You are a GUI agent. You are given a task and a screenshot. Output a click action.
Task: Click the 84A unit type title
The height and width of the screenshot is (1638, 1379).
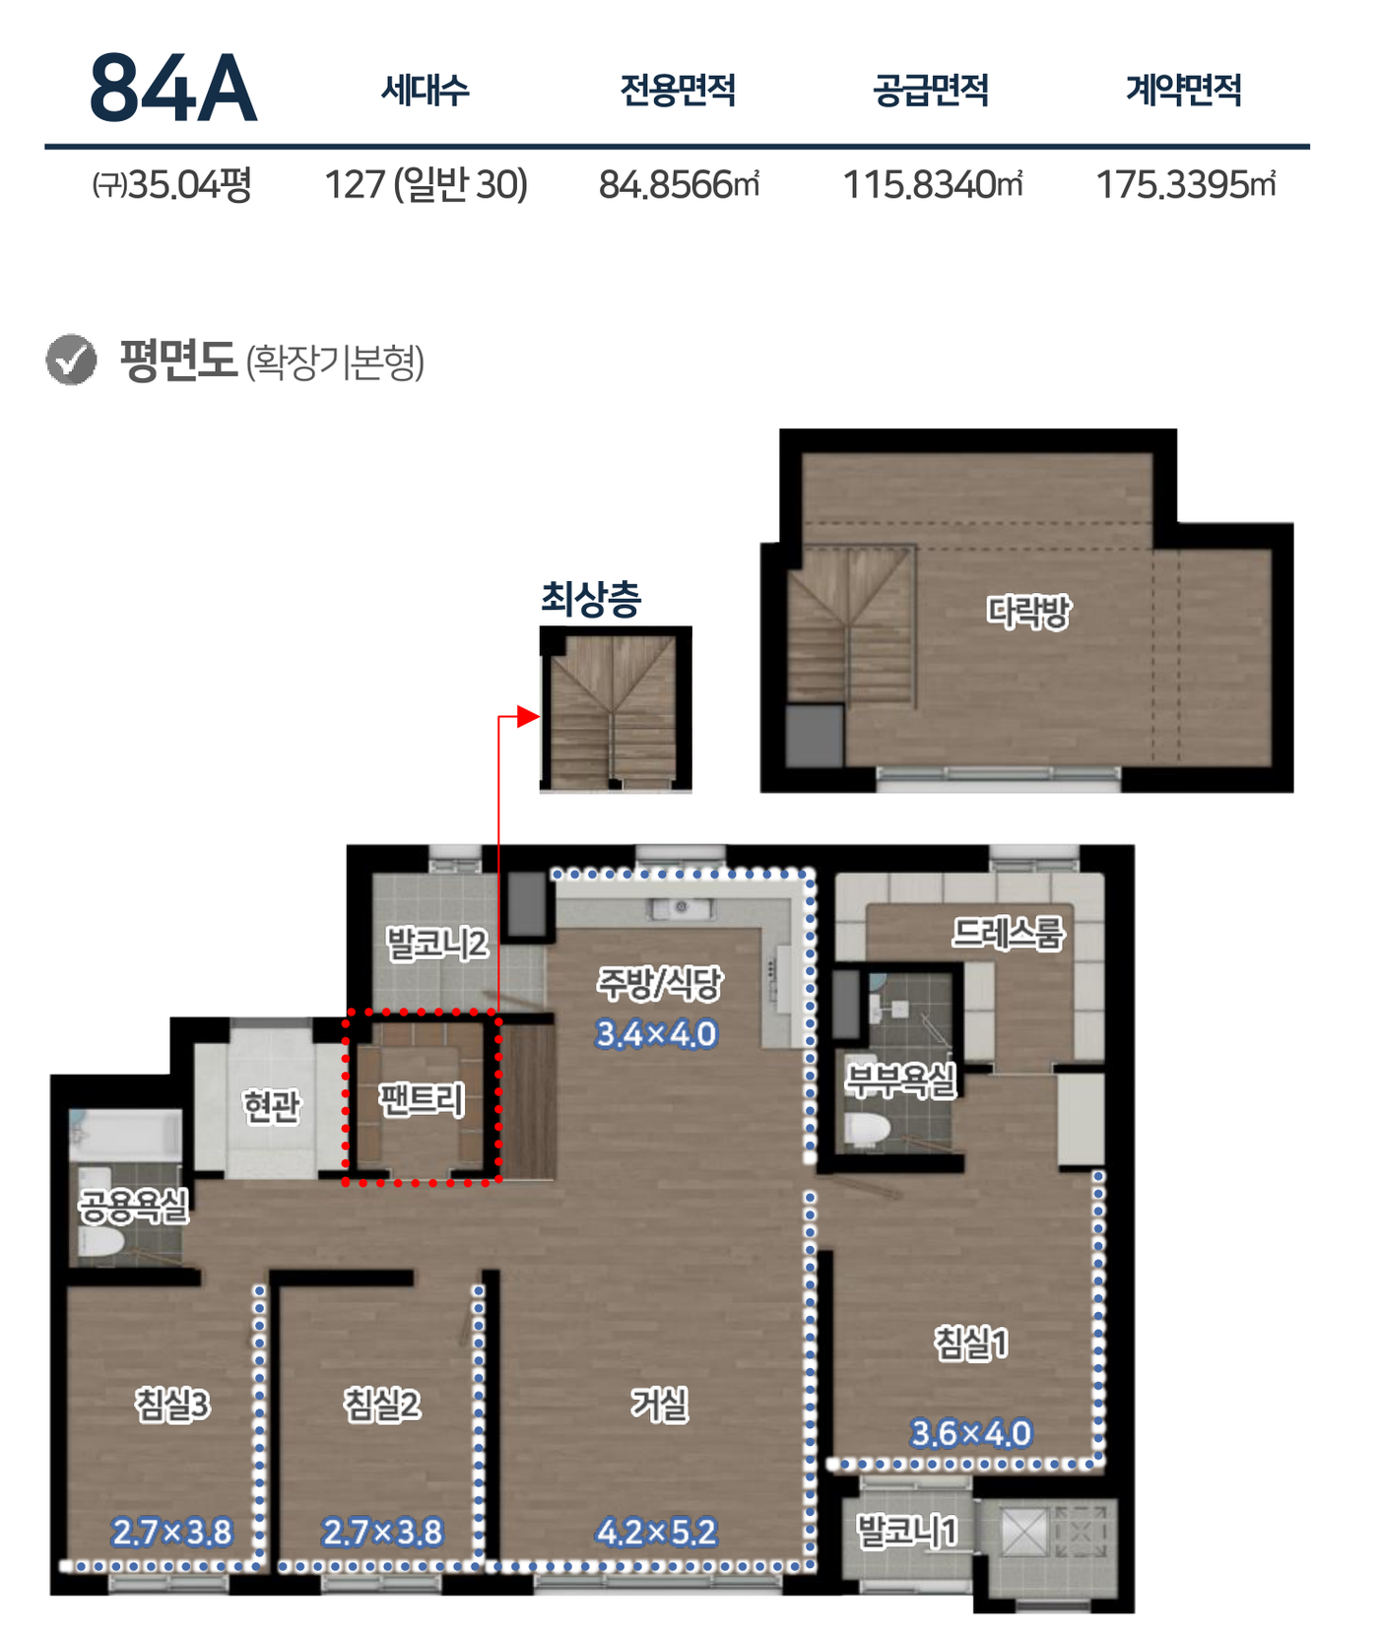click(x=173, y=89)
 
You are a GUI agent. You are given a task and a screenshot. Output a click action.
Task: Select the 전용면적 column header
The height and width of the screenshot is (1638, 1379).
click(x=678, y=91)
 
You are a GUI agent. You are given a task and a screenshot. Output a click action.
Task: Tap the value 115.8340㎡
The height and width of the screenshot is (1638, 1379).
click(x=932, y=184)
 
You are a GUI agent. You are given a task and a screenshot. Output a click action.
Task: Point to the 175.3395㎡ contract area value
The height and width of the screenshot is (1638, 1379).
click(x=1185, y=184)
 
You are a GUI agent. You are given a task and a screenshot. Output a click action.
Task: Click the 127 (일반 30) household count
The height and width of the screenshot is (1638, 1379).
click(x=426, y=184)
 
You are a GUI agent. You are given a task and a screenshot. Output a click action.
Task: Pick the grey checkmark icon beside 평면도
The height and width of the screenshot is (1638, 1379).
click(x=71, y=360)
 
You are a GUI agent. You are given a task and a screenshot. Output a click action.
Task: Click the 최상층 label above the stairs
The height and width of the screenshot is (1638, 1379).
click(x=591, y=598)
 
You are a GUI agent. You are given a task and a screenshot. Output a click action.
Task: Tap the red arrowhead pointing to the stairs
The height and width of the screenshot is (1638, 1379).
click(x=528, y=716)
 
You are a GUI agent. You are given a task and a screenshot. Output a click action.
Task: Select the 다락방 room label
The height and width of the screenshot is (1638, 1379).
click(x=1028, y=612)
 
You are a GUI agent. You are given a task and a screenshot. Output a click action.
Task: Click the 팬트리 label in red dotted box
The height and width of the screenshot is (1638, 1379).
click(x=422, y=1099)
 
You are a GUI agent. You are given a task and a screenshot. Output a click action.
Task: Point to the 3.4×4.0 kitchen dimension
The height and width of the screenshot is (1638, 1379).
click(x=656, y=1034)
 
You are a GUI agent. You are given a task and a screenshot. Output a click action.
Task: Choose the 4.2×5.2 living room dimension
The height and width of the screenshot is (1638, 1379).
click(x=656, y=1532)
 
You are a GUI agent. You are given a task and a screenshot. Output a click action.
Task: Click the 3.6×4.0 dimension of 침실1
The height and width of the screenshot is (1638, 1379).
click(x=971, y=1433)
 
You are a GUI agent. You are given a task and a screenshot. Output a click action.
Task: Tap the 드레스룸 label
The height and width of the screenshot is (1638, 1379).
click(x=1008, y=933)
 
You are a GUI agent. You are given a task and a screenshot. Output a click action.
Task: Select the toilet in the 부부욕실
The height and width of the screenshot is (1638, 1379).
click(x=868, y=1131)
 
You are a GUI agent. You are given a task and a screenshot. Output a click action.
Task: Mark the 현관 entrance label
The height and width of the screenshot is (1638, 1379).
click(x=271, y=1105)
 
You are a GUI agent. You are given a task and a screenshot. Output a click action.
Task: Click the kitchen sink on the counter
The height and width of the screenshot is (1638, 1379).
click(x=680, y=907)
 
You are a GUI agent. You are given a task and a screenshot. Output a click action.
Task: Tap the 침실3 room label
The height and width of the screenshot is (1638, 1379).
click(x=172, y=1404)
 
